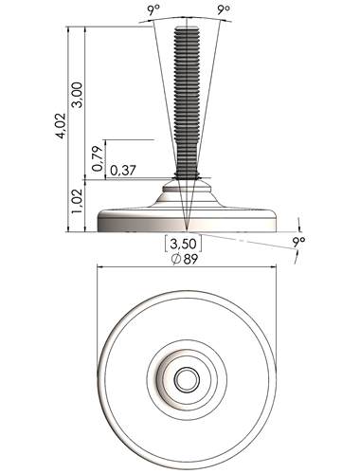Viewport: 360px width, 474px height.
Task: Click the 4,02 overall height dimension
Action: pos(61,125)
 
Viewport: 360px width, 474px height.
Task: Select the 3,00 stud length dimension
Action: pos(77,95)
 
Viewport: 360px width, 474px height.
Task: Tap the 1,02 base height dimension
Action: pos(77,201)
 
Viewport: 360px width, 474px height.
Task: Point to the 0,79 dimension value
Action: pos(98,158)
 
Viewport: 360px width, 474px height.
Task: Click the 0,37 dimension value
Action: pos(123,171)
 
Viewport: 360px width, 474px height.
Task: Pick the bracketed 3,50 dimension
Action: pos(183,244)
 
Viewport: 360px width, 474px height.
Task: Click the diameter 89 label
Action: pos(185,259)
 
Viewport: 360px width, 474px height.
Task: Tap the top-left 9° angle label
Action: pos(153,11)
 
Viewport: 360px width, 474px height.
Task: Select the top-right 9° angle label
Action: pos(224,10)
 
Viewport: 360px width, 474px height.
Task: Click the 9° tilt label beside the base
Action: pos(298,243)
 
